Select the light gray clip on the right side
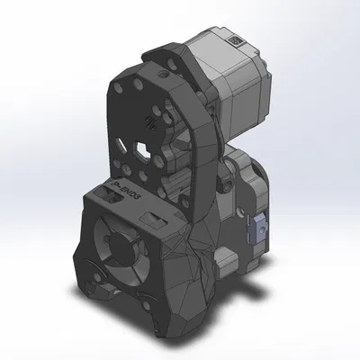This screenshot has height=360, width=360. (258, 228)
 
